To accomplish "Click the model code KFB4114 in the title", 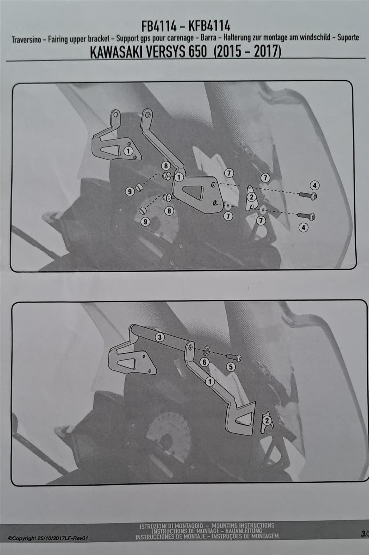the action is (x=209, y=26).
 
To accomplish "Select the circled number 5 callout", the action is (x=231, y=367).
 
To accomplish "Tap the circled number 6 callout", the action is (x=204, y=362).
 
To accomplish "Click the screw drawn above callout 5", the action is (x=234, y=357).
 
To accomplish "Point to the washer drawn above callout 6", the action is (x=207, y=350).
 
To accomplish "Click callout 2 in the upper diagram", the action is (x=251, y=197).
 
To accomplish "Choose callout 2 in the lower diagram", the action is (x=267, y=421).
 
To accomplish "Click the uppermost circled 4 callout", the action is (x=315, y=185).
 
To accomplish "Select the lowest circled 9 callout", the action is (x=145, y=221).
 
